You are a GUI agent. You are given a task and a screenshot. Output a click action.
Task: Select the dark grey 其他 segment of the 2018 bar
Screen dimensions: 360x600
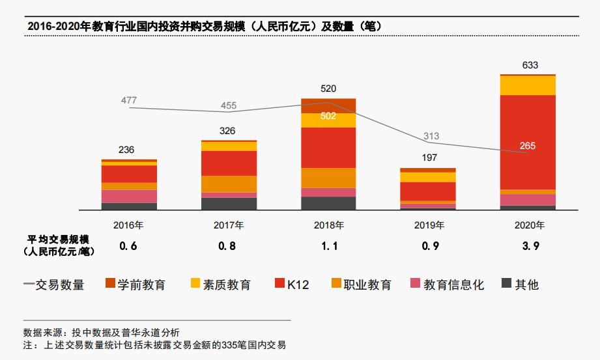point(328,203)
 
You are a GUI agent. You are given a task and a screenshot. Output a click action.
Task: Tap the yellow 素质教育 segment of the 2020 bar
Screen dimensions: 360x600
point(528,85)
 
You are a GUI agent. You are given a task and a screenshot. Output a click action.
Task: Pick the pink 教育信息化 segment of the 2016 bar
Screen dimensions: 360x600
point(129,196)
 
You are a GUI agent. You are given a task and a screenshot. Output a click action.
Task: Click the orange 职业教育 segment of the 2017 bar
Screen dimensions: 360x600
point(229,184)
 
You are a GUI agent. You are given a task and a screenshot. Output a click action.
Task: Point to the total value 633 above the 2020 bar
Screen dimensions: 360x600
point(530,65)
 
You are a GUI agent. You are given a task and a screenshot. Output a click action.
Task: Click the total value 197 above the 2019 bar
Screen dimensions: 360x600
point(429,158)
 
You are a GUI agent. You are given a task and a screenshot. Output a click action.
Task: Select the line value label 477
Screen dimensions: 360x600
point(129,100)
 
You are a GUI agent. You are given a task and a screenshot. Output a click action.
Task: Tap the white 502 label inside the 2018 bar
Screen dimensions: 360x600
point(328,116)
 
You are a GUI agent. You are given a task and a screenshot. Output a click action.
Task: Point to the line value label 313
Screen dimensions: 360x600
point(431,136)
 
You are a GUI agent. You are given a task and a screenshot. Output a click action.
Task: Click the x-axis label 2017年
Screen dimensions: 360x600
point(229,226)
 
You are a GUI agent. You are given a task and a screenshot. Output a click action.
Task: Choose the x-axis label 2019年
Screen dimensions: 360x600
point(429,226)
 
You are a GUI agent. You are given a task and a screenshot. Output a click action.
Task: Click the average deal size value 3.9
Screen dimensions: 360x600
point(528,246)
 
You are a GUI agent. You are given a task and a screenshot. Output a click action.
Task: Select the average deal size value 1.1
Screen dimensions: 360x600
point(328,246)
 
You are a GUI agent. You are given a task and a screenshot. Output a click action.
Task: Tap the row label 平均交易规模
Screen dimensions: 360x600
point(57,239)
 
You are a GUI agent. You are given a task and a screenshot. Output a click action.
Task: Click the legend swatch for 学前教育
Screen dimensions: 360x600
point(109,284)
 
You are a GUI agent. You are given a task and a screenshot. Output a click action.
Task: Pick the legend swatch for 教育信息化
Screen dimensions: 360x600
point(415,284)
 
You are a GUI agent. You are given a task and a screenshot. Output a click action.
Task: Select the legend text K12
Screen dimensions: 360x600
point(298,284)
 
